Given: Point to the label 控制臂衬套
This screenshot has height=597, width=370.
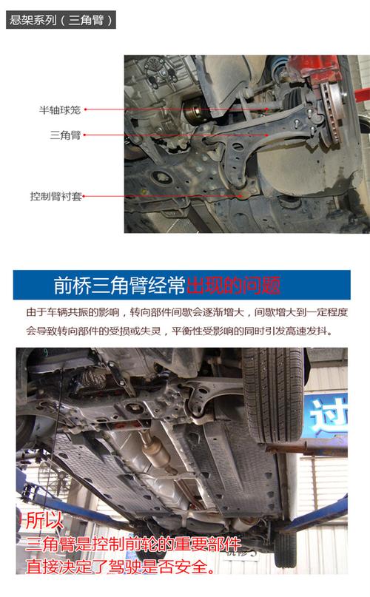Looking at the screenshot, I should pyautogui.click(x=55, y=197).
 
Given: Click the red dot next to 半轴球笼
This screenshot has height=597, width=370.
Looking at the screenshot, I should pyautogui.click(x=86, y=110).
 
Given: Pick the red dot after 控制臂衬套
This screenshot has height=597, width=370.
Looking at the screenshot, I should pyautogui.click(x=84, y=197).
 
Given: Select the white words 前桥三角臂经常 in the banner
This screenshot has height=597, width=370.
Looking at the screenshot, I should pyautogui.click(x=119, y=286).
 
